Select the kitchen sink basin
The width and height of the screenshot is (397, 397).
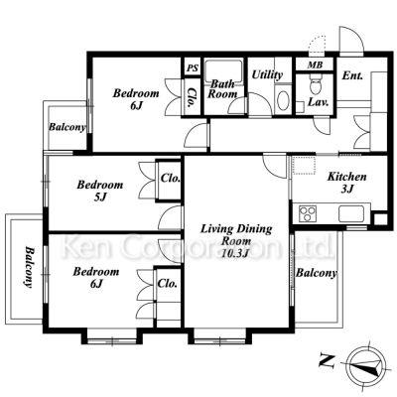(x=350, y=213)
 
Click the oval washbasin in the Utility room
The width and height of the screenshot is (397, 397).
(x=283, y=101)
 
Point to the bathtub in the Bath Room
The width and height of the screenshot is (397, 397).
(x=223, y=70)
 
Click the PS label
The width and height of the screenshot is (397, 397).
(x=193, y=68)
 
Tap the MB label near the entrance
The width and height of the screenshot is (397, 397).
(x=315, y=65)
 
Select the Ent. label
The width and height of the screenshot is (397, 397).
(x=352, y=75)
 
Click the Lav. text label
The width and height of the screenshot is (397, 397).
(x=319, y=102)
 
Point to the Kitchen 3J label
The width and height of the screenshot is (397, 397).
(x=347, y=183)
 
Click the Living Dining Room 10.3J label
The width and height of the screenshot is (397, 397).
(x=236, y=241)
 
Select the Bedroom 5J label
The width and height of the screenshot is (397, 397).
(x=100, y=191)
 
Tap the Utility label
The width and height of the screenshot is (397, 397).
(x=267, y=75)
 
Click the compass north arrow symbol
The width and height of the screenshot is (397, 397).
(x=366, y=364)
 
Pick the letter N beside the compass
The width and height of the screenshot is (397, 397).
(x=327, y=360)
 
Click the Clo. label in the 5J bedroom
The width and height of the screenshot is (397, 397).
(x=171, y=179)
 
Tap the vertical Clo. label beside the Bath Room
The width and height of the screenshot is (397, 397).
(x=191, y=97)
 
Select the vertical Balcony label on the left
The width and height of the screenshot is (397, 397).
(x=30, y=267)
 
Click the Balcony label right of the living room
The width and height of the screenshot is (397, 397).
(x=317, y=273)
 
